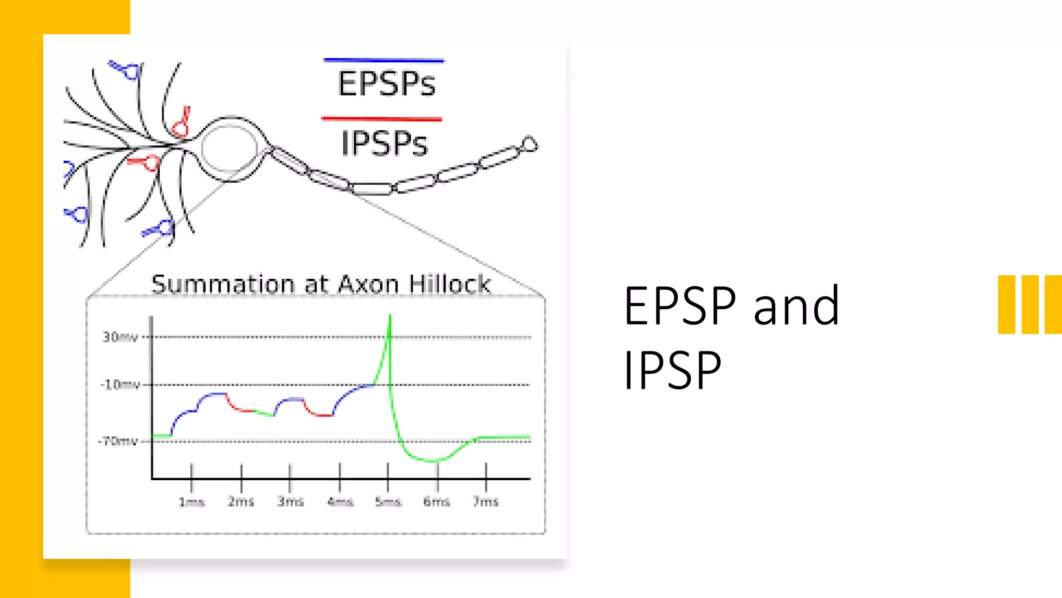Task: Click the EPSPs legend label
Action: point(386,84)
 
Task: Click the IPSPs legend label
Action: point(384,144)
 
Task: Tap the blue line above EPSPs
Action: point(384,61)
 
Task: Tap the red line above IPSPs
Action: point(382,119)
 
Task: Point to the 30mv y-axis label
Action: point(120,337)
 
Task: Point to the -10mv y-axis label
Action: point(120,385)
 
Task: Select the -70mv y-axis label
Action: point(118,441)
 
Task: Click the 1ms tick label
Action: point(191,502)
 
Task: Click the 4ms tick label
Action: point(340,502)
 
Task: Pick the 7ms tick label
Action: point(485,501)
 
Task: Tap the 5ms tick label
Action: point(388,502)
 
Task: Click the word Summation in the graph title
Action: point(223,284)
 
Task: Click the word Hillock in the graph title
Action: point(449,284)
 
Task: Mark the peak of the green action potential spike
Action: point(390,316)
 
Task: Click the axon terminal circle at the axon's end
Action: point(529,144)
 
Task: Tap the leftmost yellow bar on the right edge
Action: point(1007,304)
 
